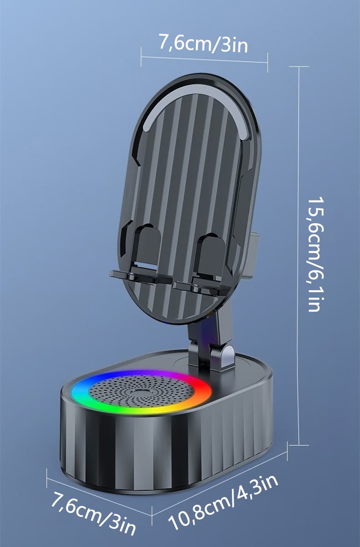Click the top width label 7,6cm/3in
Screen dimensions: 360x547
pos(203,44)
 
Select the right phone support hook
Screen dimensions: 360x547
pos(200,266)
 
